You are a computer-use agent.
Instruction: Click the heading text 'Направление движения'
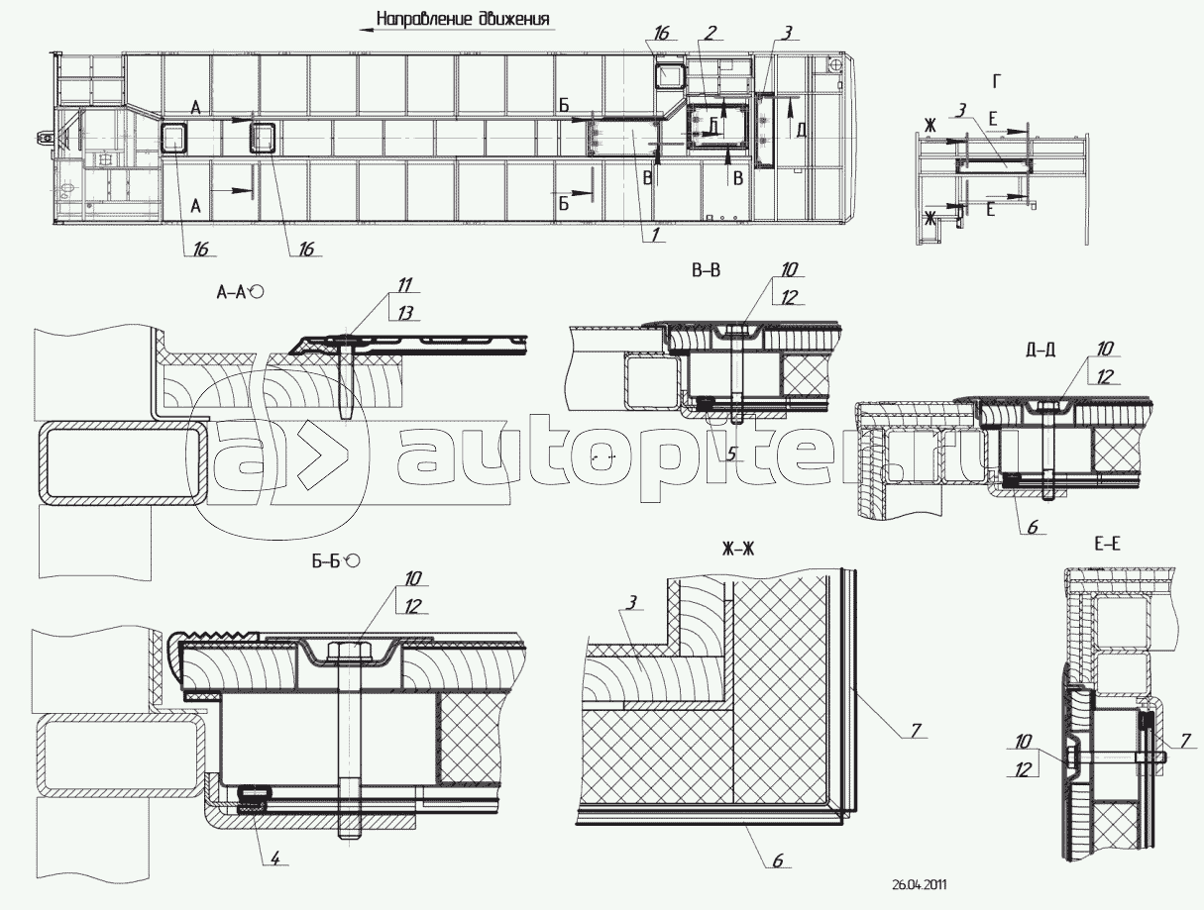tap(464, 20)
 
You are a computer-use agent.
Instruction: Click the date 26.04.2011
tap(919, 886)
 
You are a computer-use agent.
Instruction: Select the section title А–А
tap(234, 292)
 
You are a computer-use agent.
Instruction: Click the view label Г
tap(996, 80)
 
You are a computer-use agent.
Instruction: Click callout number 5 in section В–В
tap(732, 454)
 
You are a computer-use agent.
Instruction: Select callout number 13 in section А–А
tap(404, 313)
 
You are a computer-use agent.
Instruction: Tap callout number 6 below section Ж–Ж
tap(777, 860)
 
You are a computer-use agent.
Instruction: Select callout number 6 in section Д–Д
tap(1031, 528)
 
